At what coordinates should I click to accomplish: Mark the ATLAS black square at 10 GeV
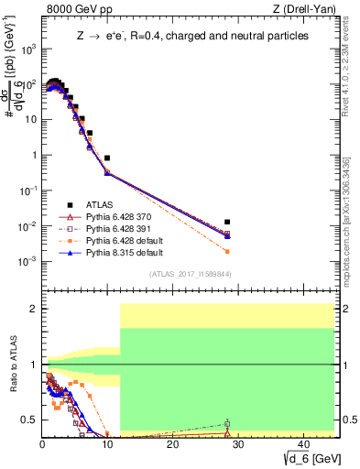107,158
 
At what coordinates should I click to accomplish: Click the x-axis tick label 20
172,443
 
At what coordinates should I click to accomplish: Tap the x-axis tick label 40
301,443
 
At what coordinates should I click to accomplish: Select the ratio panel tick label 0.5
29,420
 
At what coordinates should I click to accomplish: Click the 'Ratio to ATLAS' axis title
12,364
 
